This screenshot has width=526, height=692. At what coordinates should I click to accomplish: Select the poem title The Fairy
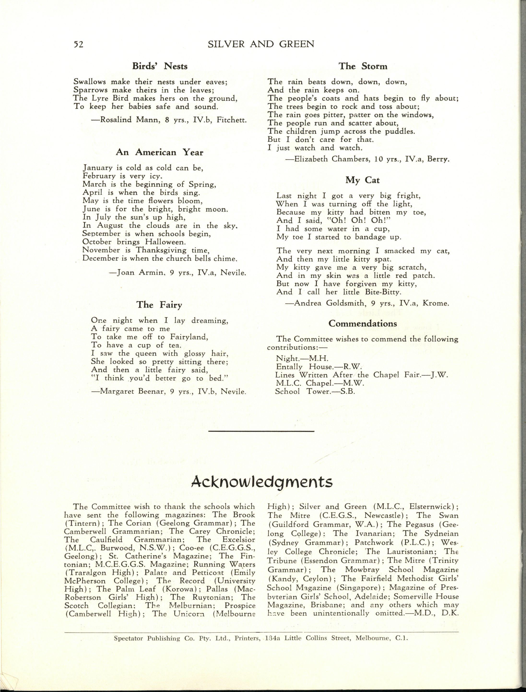pyautogui.click(x=159, y=305)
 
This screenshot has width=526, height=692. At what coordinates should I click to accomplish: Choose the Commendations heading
pyautogui.click(x=363, y=323)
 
